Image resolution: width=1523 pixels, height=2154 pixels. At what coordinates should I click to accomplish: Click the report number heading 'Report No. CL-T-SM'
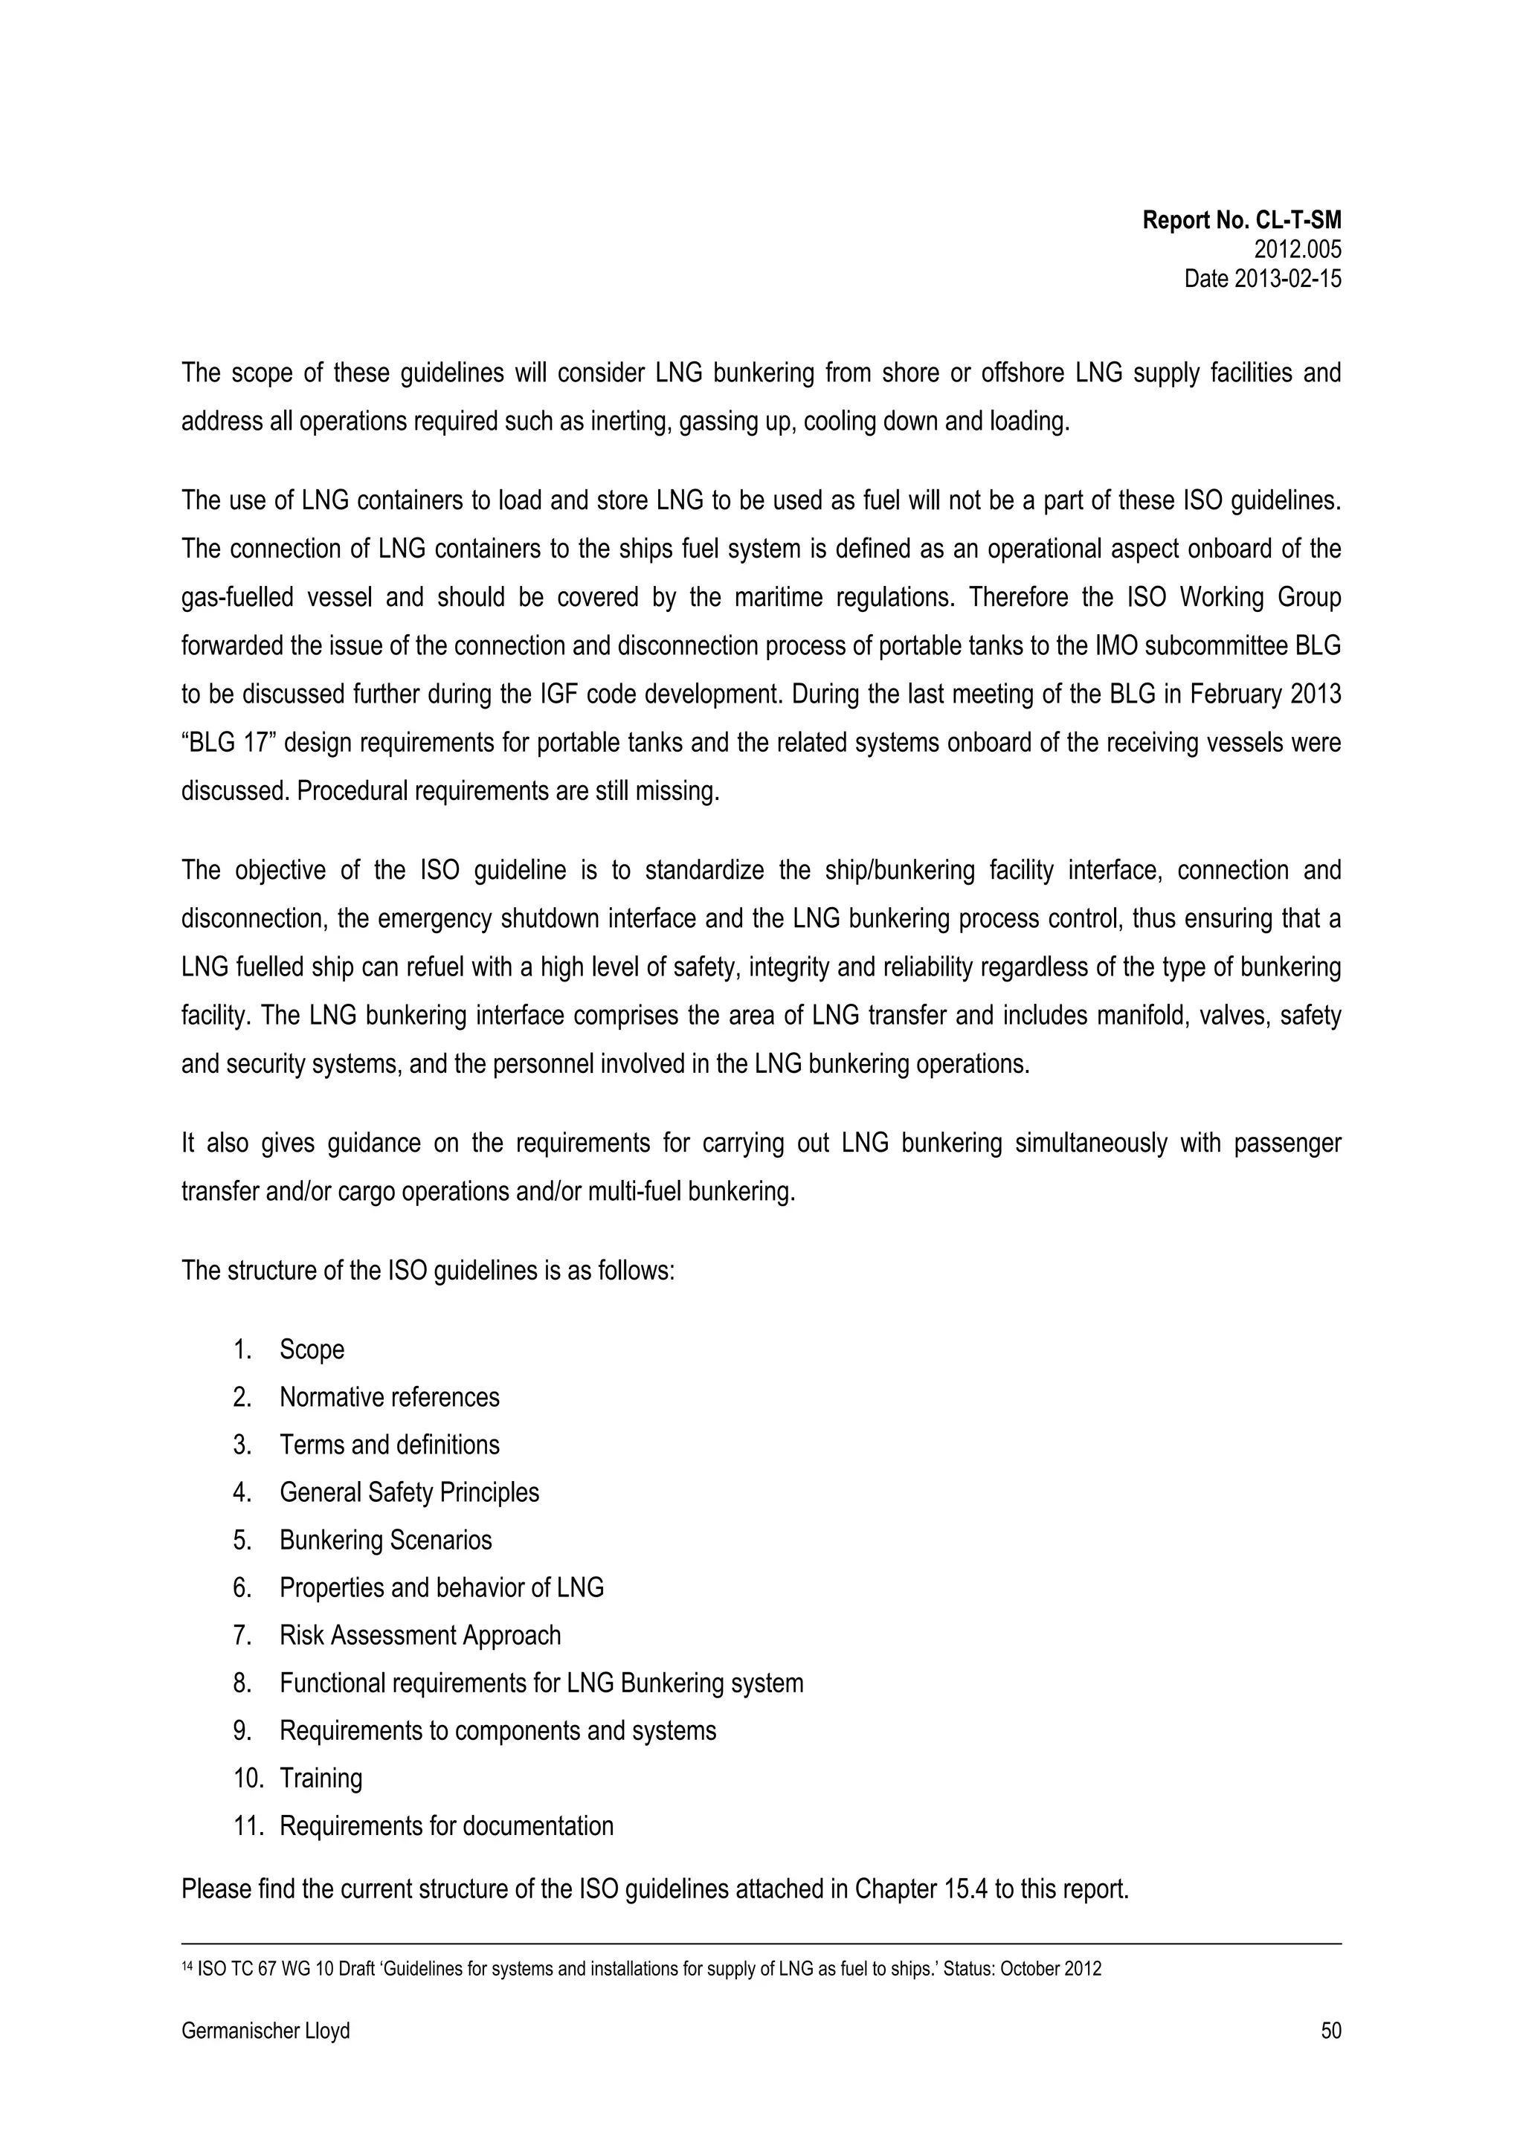pos(1240,221)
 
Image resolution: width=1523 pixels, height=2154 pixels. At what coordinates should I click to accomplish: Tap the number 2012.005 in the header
pos(1297,250)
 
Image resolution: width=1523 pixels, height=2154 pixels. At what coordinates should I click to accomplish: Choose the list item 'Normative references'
pos(390,1397)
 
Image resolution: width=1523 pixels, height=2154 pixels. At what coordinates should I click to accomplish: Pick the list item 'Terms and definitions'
pos(390,1445)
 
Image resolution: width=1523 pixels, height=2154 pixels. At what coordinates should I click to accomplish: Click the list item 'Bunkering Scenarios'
pos(386,1541)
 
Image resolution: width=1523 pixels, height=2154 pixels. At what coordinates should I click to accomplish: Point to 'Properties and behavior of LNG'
pos(441,1588)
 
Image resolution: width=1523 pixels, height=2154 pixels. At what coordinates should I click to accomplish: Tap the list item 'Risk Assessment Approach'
pos(419,1637)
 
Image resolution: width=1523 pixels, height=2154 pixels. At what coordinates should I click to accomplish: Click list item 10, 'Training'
pos(321,1779)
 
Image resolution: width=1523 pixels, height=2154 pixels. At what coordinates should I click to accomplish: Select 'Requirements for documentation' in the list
pos(447,1827)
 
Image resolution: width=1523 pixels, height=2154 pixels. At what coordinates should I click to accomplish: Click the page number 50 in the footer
pos(1330,2031)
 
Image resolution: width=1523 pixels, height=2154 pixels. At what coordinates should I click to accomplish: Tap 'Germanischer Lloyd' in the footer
pos(265,2031)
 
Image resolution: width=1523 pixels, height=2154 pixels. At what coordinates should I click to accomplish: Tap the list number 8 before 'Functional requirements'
pos(242,1684)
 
